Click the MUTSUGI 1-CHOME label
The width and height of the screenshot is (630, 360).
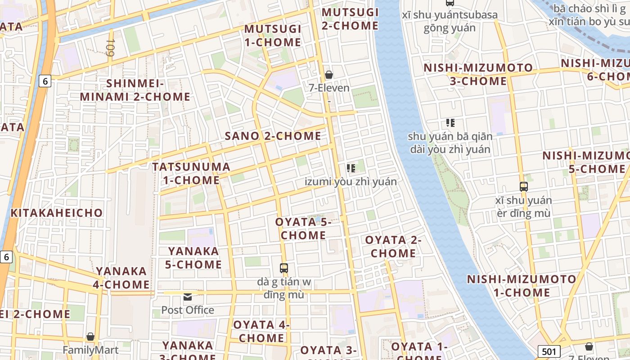point(272,36)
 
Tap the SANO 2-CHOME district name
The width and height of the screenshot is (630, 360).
point(273,136)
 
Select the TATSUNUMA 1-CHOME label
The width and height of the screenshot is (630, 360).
point(191,173)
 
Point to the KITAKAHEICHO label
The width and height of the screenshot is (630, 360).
point(57,212)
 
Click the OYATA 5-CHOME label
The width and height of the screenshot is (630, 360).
point(303,229)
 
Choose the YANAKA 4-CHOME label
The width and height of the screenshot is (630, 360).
point(121,278)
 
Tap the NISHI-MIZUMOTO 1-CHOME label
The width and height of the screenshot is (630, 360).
point(522,286)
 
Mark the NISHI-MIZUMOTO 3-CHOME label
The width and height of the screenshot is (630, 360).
point(478,75)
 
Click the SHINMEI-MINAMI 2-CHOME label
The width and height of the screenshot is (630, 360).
point(135,90)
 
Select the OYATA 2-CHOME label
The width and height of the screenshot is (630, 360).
point(393,247)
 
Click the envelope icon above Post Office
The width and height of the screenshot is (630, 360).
point(188,297)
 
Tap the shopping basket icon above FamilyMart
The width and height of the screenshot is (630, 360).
point(90,337)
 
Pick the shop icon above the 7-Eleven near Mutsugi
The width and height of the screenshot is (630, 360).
point(329,74)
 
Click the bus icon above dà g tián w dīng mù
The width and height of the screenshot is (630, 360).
point(284,268)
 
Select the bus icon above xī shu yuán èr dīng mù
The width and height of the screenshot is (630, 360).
point(523,186)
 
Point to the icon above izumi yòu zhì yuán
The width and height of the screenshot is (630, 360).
point(351,168)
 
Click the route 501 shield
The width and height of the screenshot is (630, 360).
point(549,351)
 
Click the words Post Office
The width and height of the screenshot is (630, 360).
point(188,310)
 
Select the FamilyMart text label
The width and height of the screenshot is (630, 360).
point(90,350)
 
